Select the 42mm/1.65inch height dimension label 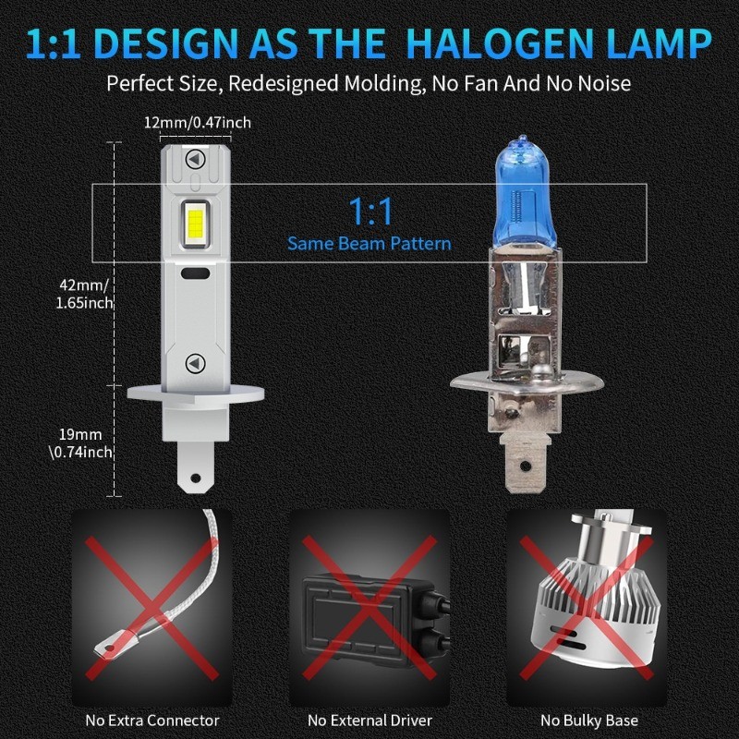85,294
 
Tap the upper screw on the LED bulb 195,158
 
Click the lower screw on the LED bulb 195,362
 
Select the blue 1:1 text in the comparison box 369,212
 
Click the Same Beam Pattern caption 369,244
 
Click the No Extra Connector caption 152,720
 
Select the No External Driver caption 369,720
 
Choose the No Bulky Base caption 589,720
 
